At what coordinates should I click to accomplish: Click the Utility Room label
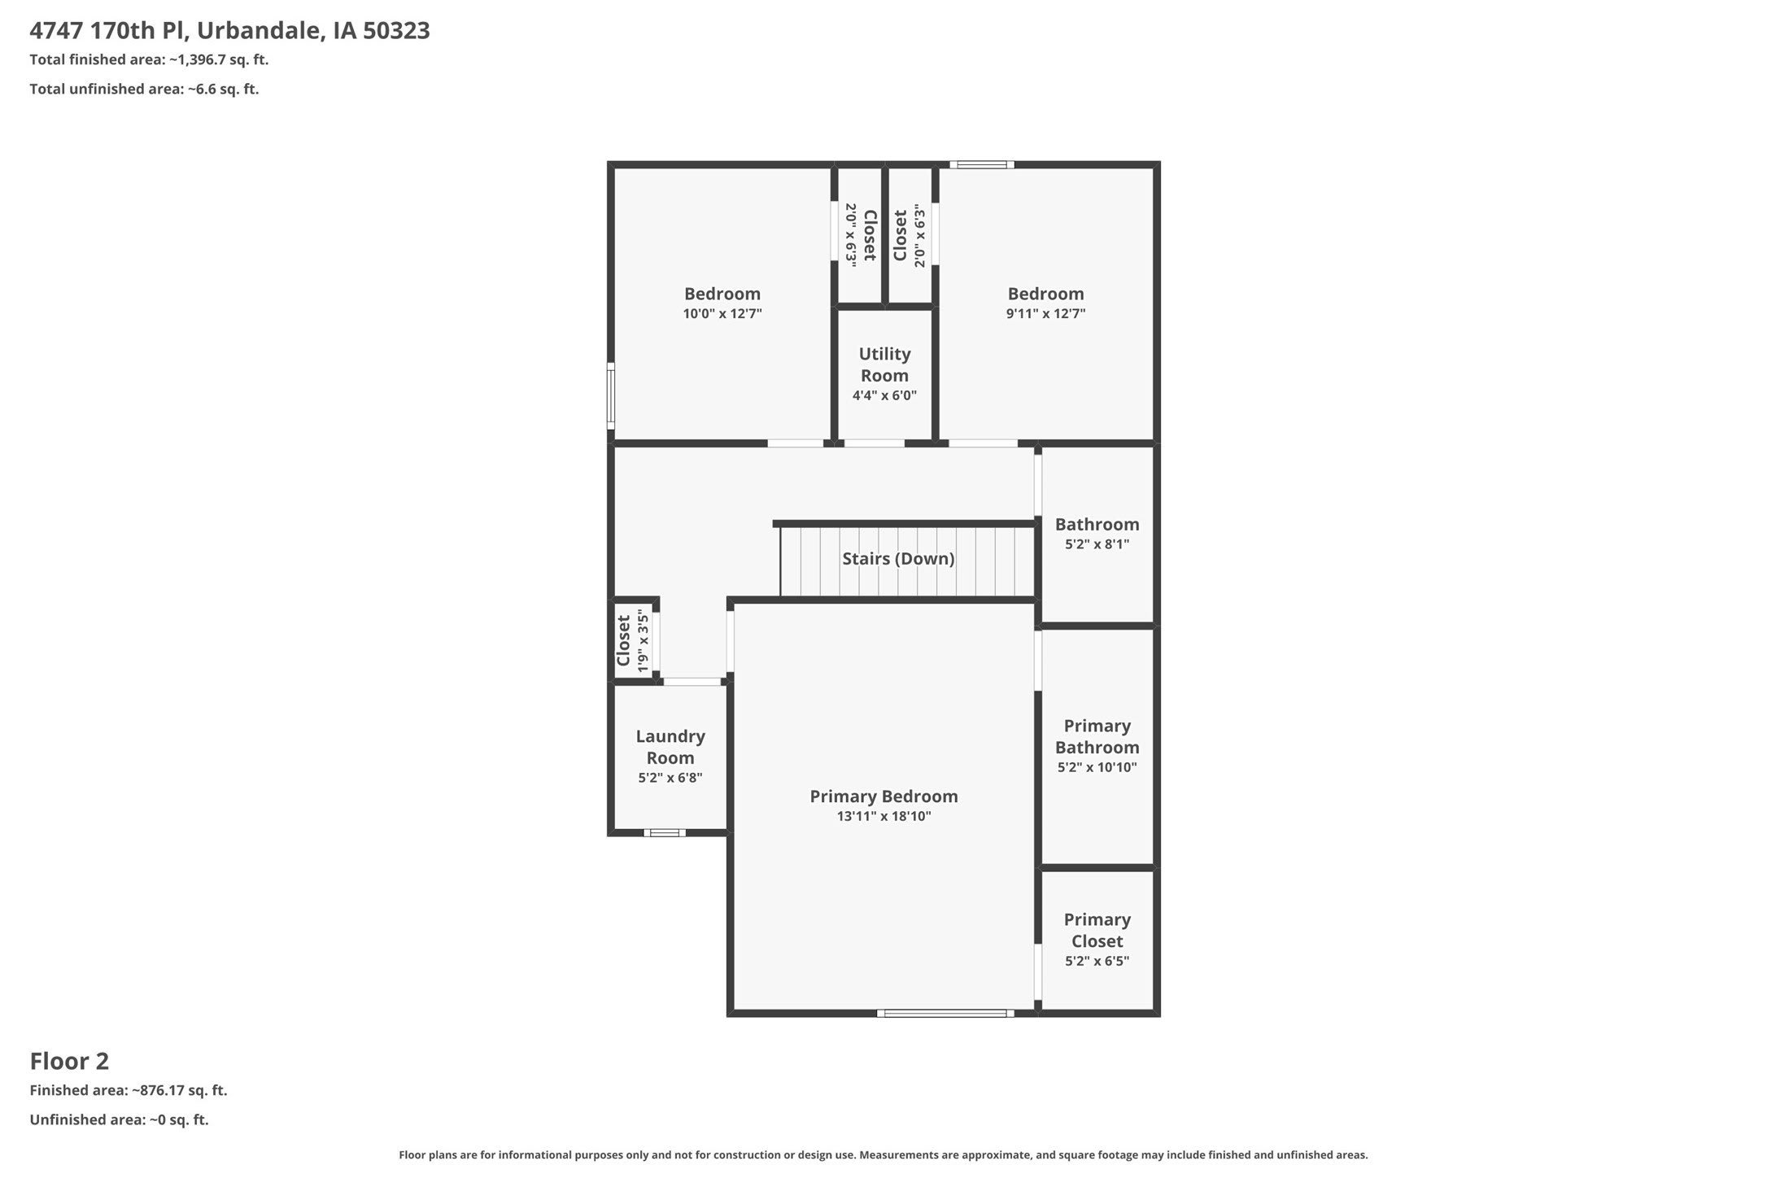(884, 364)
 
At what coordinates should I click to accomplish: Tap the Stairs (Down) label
(898, 559)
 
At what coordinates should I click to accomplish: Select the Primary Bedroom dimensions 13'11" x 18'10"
(883, 816)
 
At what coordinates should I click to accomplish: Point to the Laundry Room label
(670, 747)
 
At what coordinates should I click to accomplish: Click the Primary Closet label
(1097, 930)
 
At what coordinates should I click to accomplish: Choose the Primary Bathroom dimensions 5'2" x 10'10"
(1097, 767)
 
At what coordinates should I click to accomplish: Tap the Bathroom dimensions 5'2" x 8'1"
(1097, 544)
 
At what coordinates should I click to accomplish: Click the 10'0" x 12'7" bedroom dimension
(722, 314)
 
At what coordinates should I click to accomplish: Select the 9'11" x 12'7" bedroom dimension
(1045, 314)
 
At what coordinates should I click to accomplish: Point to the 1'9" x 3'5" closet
(634, 641)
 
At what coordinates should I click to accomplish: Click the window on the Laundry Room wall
(665, 832)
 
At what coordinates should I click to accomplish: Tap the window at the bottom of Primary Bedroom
(945, 1013)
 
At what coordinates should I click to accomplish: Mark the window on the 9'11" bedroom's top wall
(982, 165)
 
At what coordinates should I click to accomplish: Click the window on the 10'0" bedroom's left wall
(611, 396)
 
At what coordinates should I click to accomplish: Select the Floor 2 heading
(69, 1061)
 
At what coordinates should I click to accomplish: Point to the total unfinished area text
(144, 89)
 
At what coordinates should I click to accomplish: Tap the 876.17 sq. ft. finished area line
(129, 1090)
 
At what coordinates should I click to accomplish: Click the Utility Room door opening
(874, 443)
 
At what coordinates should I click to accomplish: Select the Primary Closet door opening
(1038, 972)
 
